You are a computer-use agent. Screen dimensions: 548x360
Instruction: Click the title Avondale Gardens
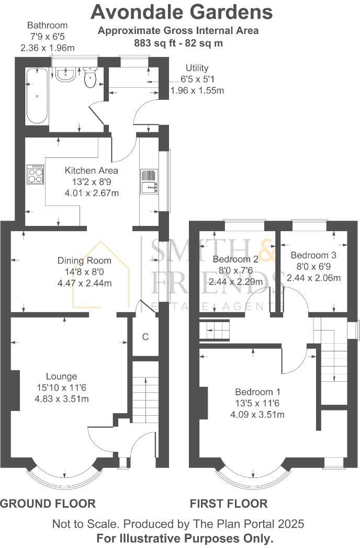(x=182, y=12)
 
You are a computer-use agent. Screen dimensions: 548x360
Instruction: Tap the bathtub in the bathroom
(x=37, y=96)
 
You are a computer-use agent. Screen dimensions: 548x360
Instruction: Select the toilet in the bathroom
(x=90, y=78)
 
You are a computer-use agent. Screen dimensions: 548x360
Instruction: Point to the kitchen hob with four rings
(x=35, y=174)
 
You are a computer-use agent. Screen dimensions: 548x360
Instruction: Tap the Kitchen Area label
(x=91, y=170)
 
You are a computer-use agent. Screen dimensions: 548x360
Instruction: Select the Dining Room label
(x=84, y=260)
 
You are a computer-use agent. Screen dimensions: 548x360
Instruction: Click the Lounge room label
(x=61, y=376)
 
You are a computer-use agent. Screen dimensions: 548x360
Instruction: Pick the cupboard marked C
(x=145, y=337)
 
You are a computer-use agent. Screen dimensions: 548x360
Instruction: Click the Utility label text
(x=197, y=68)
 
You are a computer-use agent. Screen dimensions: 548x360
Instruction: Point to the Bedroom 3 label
(x=313, y=255)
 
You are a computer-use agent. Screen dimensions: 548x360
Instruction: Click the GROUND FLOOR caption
(x=48, y=504)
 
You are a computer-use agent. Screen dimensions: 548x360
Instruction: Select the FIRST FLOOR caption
(x=229, y=504)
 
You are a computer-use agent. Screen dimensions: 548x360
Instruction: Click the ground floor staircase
(x=144, y=397)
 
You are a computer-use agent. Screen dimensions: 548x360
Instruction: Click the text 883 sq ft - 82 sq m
(x=178, y=43)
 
